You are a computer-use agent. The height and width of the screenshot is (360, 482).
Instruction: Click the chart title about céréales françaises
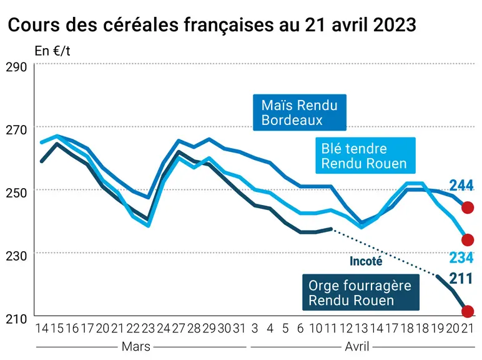point(212,24)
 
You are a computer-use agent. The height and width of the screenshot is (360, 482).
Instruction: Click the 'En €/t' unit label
point(52,51)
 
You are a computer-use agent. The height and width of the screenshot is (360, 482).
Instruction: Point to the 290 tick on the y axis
point(16,67)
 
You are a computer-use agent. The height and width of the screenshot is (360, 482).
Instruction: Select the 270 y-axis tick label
point(16,130)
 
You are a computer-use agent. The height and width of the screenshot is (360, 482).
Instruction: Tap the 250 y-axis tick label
point(16,193)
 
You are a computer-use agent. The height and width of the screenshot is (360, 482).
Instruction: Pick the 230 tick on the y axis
point(16,256)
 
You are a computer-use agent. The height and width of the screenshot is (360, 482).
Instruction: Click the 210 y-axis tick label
point(16,319)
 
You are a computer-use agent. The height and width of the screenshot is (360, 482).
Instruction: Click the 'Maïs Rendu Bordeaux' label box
point(300,112)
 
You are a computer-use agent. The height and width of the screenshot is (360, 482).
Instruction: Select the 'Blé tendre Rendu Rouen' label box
point(365,156)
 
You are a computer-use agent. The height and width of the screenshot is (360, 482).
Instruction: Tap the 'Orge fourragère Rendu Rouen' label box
point(361,292)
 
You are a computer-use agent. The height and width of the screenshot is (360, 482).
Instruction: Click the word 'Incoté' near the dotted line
point(366,261)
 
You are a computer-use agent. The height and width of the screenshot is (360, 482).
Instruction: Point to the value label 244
point(461,186)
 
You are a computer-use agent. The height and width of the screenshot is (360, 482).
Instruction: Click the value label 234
point(461,257)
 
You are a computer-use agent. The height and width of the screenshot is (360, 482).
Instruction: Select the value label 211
point(461,279)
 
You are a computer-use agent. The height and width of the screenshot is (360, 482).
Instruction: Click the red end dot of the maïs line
point(468,207)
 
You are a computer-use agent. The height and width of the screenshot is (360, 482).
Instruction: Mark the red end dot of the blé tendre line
point(468,240)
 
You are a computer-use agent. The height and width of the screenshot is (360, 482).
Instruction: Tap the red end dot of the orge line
point(468,311)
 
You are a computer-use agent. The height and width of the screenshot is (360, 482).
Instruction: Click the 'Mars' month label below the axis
point(136,347)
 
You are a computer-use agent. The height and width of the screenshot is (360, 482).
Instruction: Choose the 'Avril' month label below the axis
point(357,347)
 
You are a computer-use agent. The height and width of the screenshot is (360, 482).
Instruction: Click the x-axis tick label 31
point(239,329)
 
